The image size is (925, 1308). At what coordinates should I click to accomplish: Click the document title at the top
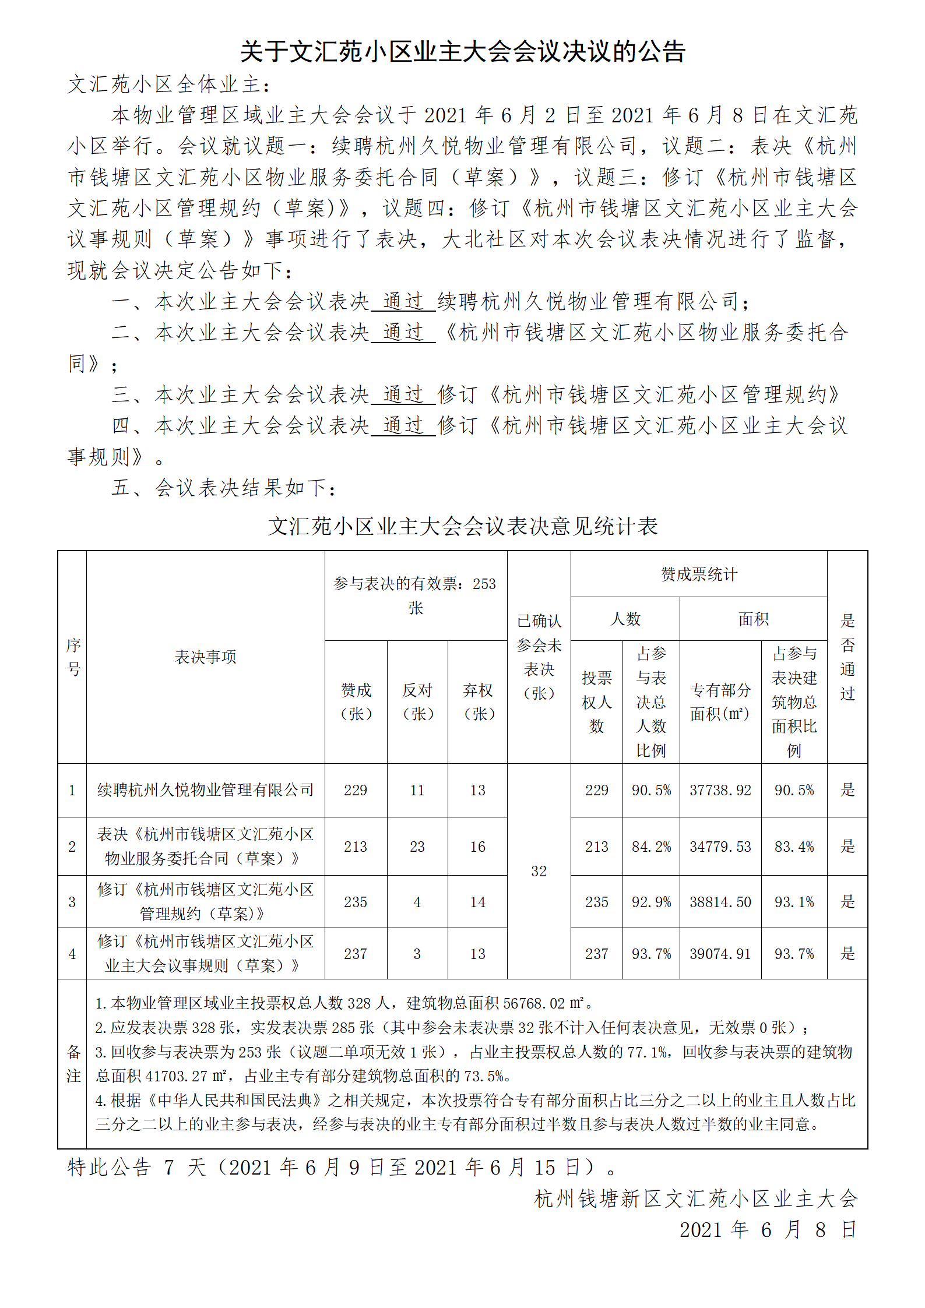[462, 52]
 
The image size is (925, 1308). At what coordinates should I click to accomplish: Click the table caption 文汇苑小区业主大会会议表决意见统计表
[462, 526]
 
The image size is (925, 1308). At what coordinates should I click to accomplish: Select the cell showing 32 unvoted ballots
[539, 871]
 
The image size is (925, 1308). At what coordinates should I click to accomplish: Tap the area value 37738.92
[720, 791]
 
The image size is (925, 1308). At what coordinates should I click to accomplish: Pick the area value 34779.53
[720, 847]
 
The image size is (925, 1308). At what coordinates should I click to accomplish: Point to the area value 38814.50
[720, 902]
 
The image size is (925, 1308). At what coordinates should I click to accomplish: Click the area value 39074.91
[720, 954]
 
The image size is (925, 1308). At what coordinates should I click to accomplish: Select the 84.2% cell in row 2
[651, 847]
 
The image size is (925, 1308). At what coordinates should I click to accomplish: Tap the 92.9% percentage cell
[651, 902]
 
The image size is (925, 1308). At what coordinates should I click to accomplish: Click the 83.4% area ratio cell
[794, 847]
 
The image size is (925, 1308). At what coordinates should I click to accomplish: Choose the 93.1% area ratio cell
[794, 902]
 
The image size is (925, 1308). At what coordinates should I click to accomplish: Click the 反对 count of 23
[417, 847]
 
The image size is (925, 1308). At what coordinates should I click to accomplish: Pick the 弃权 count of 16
[477, 847]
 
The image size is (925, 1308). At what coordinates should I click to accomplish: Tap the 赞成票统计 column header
[699, 574]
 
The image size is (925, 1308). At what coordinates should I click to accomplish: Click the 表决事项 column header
[205, 657]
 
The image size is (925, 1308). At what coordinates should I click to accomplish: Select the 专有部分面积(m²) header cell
[720, 702]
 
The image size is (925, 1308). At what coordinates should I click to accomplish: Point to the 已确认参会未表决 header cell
[539, 657]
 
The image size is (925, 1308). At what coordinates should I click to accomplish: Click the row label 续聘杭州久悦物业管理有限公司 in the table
[205, 791]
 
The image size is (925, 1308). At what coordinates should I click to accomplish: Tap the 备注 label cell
[73, 1064]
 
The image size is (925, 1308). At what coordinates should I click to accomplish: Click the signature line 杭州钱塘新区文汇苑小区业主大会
[695, 1198]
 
